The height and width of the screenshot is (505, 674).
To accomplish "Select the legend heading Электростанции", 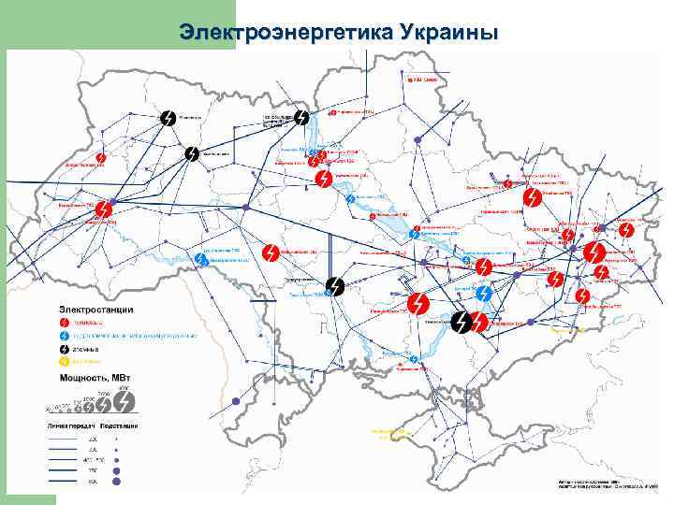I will click(x=97, y=309).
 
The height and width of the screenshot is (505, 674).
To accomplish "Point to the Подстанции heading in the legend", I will click(x=121, y=426).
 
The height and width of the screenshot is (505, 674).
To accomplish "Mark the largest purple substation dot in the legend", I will click(x=117, y=481).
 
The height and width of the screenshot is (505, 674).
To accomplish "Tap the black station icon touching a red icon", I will click(x=462, y=323).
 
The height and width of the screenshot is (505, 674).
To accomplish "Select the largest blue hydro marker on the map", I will click(x=484, y=294).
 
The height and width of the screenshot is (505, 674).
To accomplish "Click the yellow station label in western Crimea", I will click(x=391, y=432).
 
